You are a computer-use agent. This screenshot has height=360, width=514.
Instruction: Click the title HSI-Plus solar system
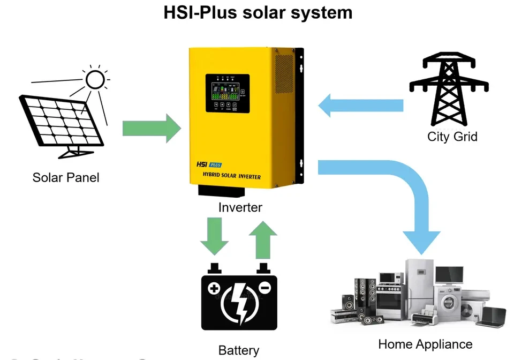pyautogui.click(x=258, y=13)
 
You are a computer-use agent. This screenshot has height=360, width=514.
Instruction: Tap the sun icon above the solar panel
pyautogui.click(x=95, y=80)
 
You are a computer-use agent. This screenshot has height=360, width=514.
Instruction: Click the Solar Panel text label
pyautogui.click(x=66, y=177)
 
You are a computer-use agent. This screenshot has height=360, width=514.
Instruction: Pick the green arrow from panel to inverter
pyautogui.click(x=152, y=129)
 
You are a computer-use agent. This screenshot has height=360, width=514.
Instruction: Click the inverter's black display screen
pyautogui.click(x=228, y=94)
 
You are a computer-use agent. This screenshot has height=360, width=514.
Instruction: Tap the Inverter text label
pyautogui.click(x=240, y=207)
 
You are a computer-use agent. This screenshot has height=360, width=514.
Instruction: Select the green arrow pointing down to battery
pyautogui.click(x=214, y=235)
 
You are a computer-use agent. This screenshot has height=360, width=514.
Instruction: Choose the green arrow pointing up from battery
pyautogui.click(x=262, y=238)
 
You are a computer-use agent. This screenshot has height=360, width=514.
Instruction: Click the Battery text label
pyautogui.click(x=239, y=351)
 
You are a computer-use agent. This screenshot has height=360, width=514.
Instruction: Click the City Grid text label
pyautogui.click(x=452, y=137)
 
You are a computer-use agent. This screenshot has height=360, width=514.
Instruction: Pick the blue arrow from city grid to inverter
pyautogui.click(x=359, y=105)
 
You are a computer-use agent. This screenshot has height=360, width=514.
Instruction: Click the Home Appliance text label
pyautogui.click(x=425, y=344)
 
